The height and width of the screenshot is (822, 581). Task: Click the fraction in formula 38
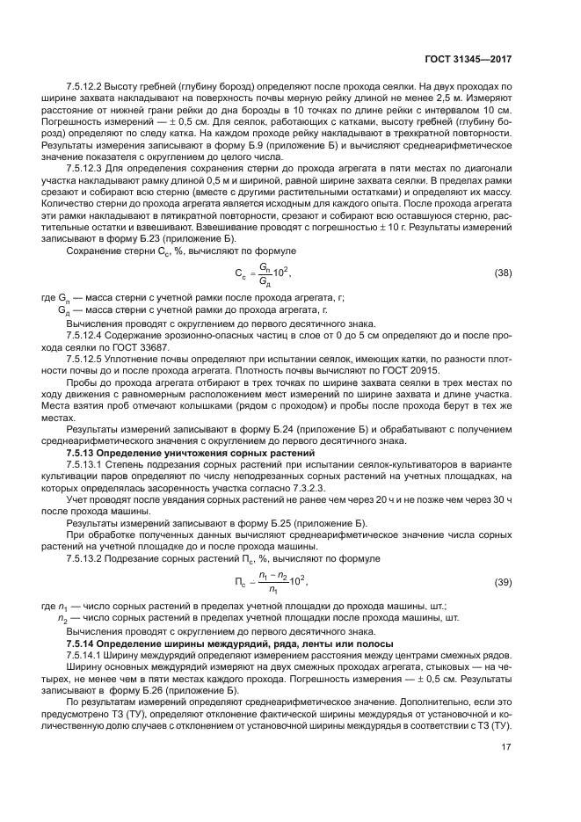tap(263, 273)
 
